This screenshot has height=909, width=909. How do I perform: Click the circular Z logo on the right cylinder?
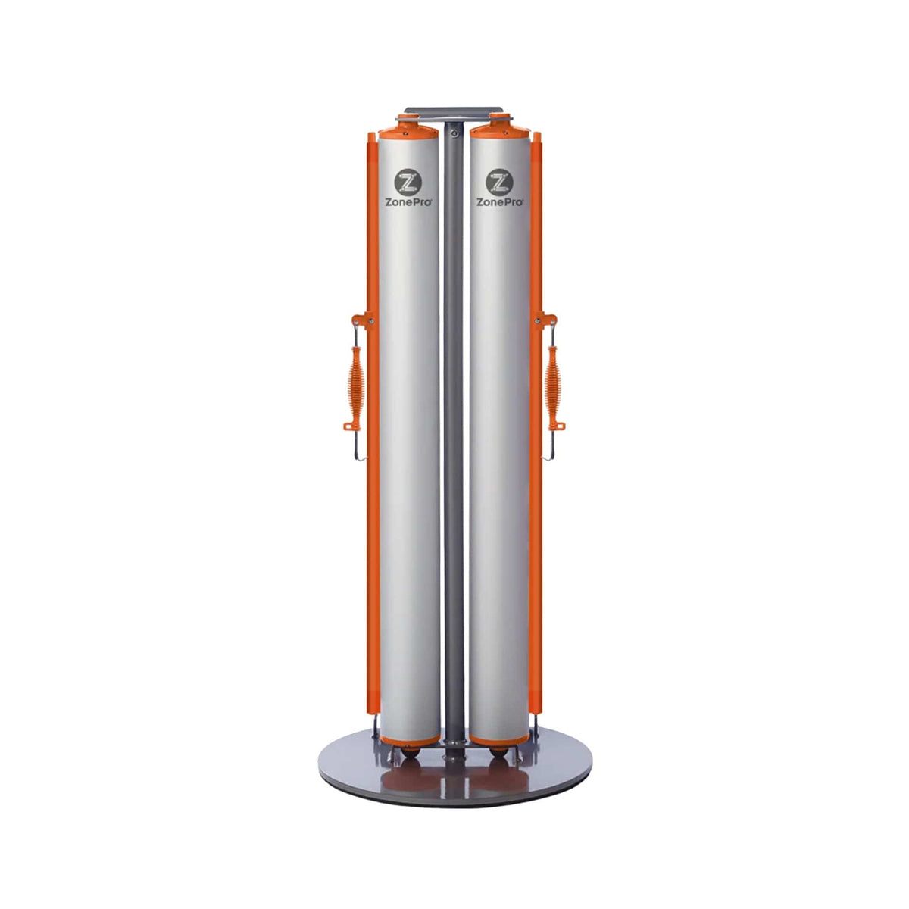[498, 182]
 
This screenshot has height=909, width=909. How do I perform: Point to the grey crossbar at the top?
[453, 111]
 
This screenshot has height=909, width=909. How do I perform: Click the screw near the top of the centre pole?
[453, 133]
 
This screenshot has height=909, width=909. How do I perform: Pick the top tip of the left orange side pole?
[371, 136]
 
